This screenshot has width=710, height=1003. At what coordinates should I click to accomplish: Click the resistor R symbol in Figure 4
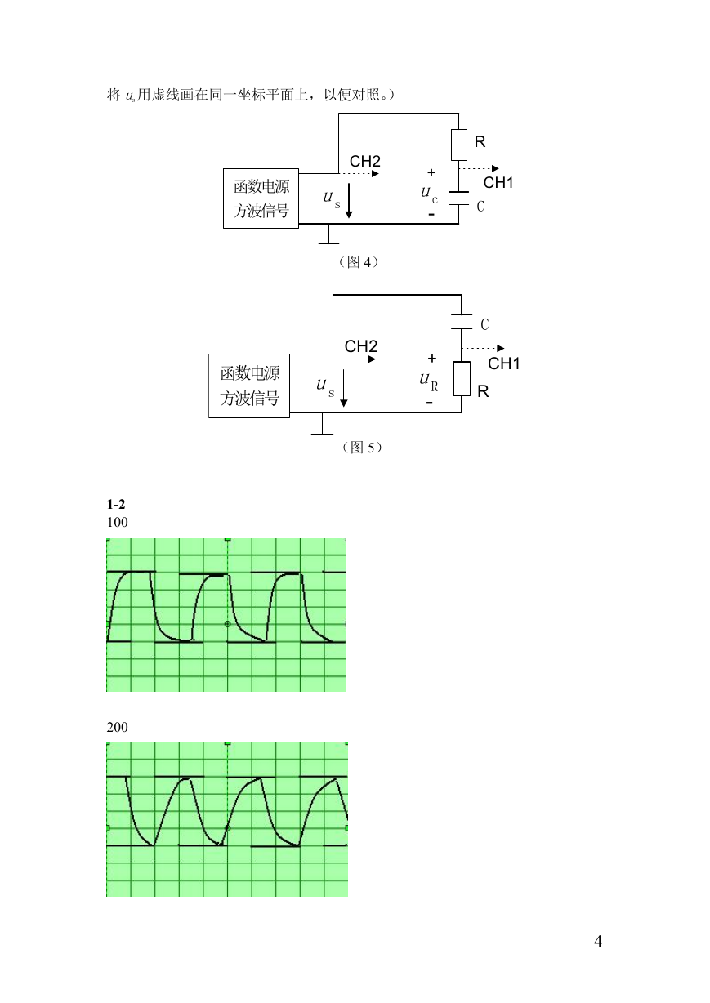458,145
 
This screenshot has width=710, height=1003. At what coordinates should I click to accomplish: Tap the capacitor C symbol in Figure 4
458,198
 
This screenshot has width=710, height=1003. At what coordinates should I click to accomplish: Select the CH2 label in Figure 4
364,161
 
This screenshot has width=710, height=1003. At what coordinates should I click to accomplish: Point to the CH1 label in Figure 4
498,183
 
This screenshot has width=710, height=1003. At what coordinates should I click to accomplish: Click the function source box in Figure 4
261,198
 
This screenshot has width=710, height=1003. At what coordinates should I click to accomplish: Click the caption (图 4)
359,262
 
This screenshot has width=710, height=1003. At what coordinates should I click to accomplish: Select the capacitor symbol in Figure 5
462,322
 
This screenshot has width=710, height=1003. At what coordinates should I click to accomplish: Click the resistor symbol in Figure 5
462,379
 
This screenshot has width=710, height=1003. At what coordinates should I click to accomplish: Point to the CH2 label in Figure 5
360,346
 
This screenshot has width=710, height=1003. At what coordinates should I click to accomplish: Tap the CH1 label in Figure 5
503,363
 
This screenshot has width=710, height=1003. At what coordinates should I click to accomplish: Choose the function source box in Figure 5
249,386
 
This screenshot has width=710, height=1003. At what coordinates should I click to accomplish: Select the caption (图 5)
362,448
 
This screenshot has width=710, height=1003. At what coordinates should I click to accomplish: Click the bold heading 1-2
116,505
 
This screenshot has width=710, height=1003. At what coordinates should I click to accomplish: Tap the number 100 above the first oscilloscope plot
118,522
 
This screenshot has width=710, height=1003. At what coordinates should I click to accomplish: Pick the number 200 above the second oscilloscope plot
118,727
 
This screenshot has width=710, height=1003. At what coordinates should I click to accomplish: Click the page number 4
598,941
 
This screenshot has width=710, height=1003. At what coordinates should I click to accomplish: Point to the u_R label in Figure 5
429,381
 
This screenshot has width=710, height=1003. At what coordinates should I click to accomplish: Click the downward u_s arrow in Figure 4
349,200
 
